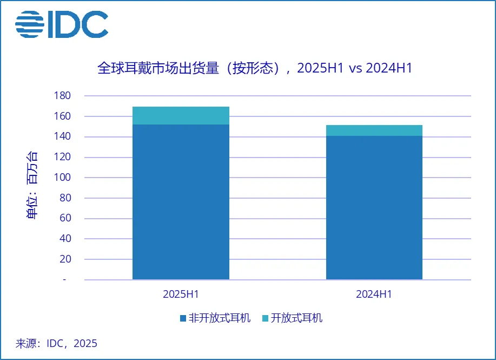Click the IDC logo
pyautogui.click(x=62, y=24)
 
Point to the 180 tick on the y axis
pyautogui.click(x=63, y=96)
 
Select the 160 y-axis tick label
pyautogui.click(x=63, y=116)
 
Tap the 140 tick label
pyautogui.click(x=63, y=137)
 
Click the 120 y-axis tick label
pyautogui.click(x=63, y=158)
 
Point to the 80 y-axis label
pyautogui.click(x=65, y=198)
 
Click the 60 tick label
pyautogui.click(x=65, y=219)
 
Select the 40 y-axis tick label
pyautogui.click(x=65, y=239)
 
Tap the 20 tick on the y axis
pyautogui.click(x=65, y=259)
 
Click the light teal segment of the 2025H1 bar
pyautogui.click(x=181, y=116)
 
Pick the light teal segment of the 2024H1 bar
pyautogui.click(x=374, y=130)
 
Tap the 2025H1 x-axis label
pyautogui.click(x=181, y=294)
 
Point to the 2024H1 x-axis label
pyautogui.click(x=374, y=294)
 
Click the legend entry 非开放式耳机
pyautogui.click(x=215, y=318)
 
